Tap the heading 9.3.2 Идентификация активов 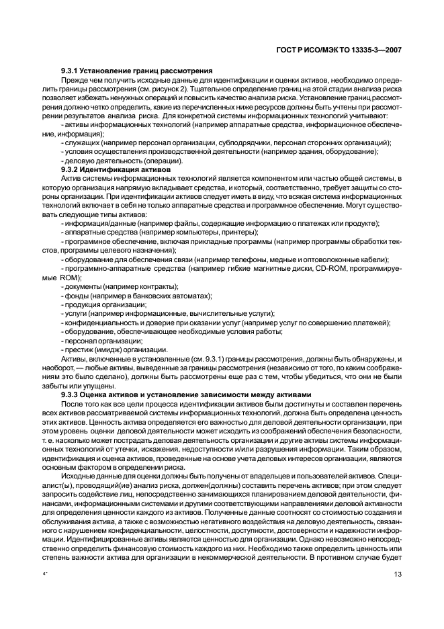(x=116, y=170)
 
